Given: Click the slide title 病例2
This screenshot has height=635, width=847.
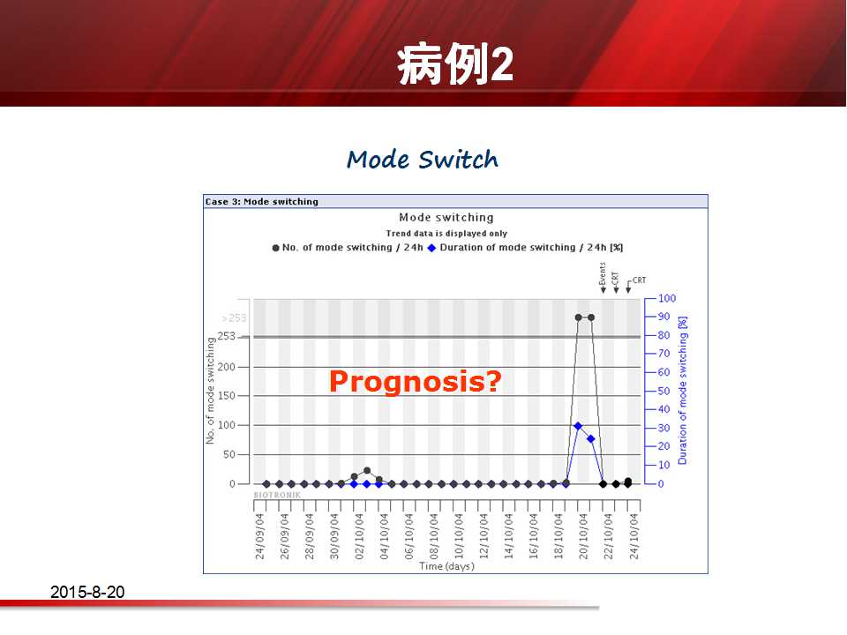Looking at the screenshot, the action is [x=455, y=63].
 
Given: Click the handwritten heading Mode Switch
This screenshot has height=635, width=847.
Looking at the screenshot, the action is [x=423, y=160].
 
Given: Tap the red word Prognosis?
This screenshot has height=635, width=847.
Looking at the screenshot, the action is [x=416, y=381].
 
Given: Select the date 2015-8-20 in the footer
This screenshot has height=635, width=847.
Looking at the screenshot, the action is [x=87, y=592].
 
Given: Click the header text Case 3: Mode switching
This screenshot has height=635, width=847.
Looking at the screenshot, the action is [x=261, y=201].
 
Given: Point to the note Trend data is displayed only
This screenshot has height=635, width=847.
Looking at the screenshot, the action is [x=446, y=233].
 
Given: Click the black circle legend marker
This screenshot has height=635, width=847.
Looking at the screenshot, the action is [x=275, y=248].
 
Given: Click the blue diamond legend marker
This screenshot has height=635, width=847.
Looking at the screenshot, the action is [x=431, y=248].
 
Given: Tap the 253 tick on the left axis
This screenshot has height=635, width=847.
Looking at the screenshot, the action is [x=227, y=336].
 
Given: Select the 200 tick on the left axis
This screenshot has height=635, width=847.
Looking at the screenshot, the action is [x=227, y=367].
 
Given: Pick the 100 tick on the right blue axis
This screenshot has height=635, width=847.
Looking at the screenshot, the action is [x=667, y=298].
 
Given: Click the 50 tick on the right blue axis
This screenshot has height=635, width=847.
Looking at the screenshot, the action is [x=663, y=391].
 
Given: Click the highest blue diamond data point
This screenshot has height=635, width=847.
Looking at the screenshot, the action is [x=578, y=426].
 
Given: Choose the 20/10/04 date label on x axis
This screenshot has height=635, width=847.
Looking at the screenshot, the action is [x=583, y=536].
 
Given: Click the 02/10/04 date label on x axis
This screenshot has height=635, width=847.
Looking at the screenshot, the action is [x=359, y=536].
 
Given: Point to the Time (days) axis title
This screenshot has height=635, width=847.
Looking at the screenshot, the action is [x=446, y=566].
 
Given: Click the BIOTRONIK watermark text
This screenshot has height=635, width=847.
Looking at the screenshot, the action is [x=277, y=495].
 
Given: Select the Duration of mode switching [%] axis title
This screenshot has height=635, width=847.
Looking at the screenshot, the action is [x=683, y=391].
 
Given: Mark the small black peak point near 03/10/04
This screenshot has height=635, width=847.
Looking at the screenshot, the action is [x=367, y=471].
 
